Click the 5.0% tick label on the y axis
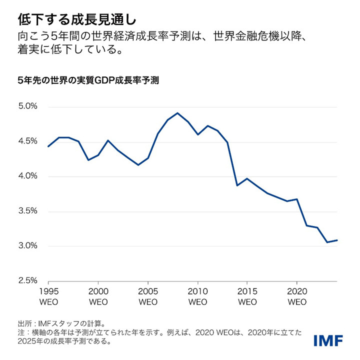28,106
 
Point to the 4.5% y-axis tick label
28,141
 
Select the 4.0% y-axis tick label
28,176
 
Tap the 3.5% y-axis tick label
28,211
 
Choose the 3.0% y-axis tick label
28,246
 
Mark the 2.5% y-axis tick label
28,281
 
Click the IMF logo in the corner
328,341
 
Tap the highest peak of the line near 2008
177,113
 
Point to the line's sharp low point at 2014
237,185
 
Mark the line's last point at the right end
337,240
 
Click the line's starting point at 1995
48,146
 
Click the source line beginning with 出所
67,323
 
